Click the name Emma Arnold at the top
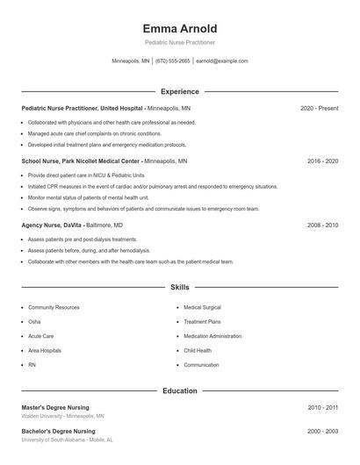point(179,29)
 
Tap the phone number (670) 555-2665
point(173,61)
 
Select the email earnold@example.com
point(222,61)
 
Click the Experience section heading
point(179,91)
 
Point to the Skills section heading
point(179,287)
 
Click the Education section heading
point(179,390)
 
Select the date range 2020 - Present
point(319,108)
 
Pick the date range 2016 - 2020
point(322,161)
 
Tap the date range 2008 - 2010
point(322,225)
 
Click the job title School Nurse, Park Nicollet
point(80,161)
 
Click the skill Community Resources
point(54,308)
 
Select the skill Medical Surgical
point(202,308)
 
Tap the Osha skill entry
point(34,322)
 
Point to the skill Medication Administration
point(212,336)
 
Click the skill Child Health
point(198,350)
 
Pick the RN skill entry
point(32,364)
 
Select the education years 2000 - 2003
point(322,432)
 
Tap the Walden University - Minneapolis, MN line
point(62,416)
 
